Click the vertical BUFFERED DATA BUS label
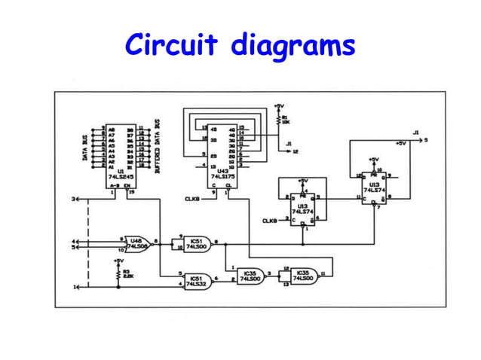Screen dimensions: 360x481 tap(157, 147)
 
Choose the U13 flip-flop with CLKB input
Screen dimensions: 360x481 tap(303, 206)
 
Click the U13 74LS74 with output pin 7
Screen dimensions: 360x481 tap(374, 184)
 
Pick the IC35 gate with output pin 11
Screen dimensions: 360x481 tap(303, 276)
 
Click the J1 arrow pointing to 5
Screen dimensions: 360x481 tap(419, 140)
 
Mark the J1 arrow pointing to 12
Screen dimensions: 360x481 tap(290, 151)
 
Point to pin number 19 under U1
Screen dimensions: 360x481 tap(130, 194)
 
